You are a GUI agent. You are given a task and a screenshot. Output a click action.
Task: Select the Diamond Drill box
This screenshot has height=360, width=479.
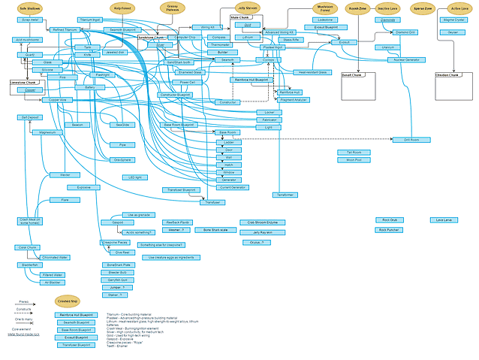click(405, 32)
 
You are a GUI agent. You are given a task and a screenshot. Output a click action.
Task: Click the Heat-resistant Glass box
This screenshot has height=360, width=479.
click(312, 72)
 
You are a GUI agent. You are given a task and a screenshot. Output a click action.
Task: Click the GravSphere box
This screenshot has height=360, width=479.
click(122, 159)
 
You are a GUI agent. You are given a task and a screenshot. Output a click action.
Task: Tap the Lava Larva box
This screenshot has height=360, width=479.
click(444, 220)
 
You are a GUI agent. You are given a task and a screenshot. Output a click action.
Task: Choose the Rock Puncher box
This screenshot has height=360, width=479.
click(388, 230)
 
